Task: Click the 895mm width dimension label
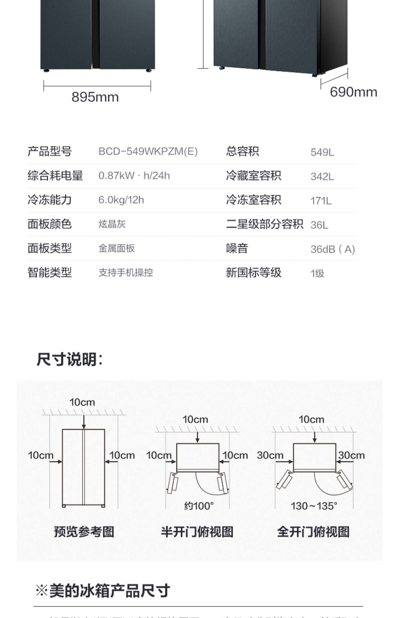95,97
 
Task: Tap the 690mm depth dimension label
353,92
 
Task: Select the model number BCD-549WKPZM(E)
148,151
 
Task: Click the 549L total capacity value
322,152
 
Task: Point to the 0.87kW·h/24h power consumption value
134,176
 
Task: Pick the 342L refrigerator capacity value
322,176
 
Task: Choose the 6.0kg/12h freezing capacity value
121,200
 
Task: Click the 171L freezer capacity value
321,201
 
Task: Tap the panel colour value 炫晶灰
112,224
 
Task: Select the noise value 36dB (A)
332,249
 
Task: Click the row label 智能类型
50,273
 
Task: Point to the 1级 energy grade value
317,273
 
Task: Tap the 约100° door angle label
199,506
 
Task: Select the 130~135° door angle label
314,506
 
